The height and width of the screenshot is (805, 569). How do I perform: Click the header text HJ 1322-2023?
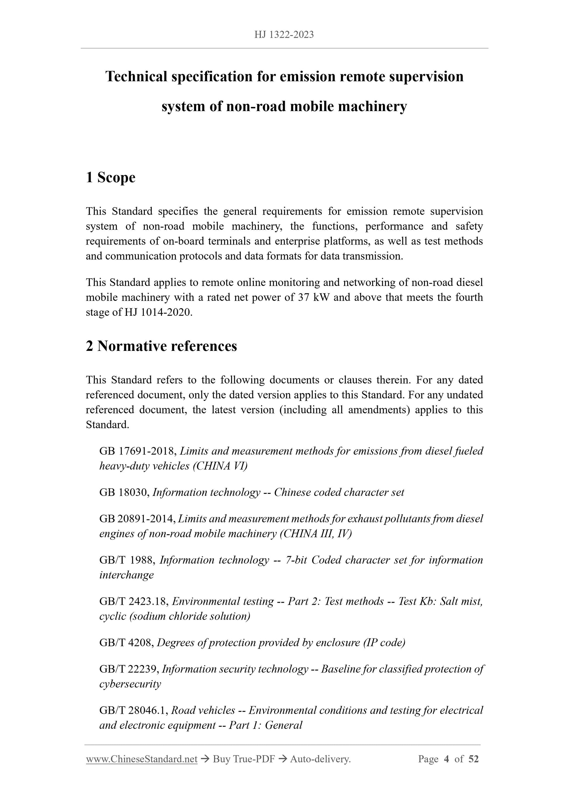coord(284,35)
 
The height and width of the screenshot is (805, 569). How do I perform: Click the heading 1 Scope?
coord(111,177)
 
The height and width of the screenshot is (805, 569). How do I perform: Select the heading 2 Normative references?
coord(161,346)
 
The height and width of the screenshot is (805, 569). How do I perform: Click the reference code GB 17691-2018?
coord(138,451)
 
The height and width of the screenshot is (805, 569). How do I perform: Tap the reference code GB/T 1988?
coord(127,560)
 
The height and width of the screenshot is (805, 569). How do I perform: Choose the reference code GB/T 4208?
coord(126,643)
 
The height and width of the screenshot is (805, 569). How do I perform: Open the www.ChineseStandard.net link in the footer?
coord(142,759)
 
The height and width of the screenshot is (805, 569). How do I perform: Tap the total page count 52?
coord(473,759)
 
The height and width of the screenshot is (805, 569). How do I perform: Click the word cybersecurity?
coord(130,684)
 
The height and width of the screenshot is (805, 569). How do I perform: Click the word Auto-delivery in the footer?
coord(320,759)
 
